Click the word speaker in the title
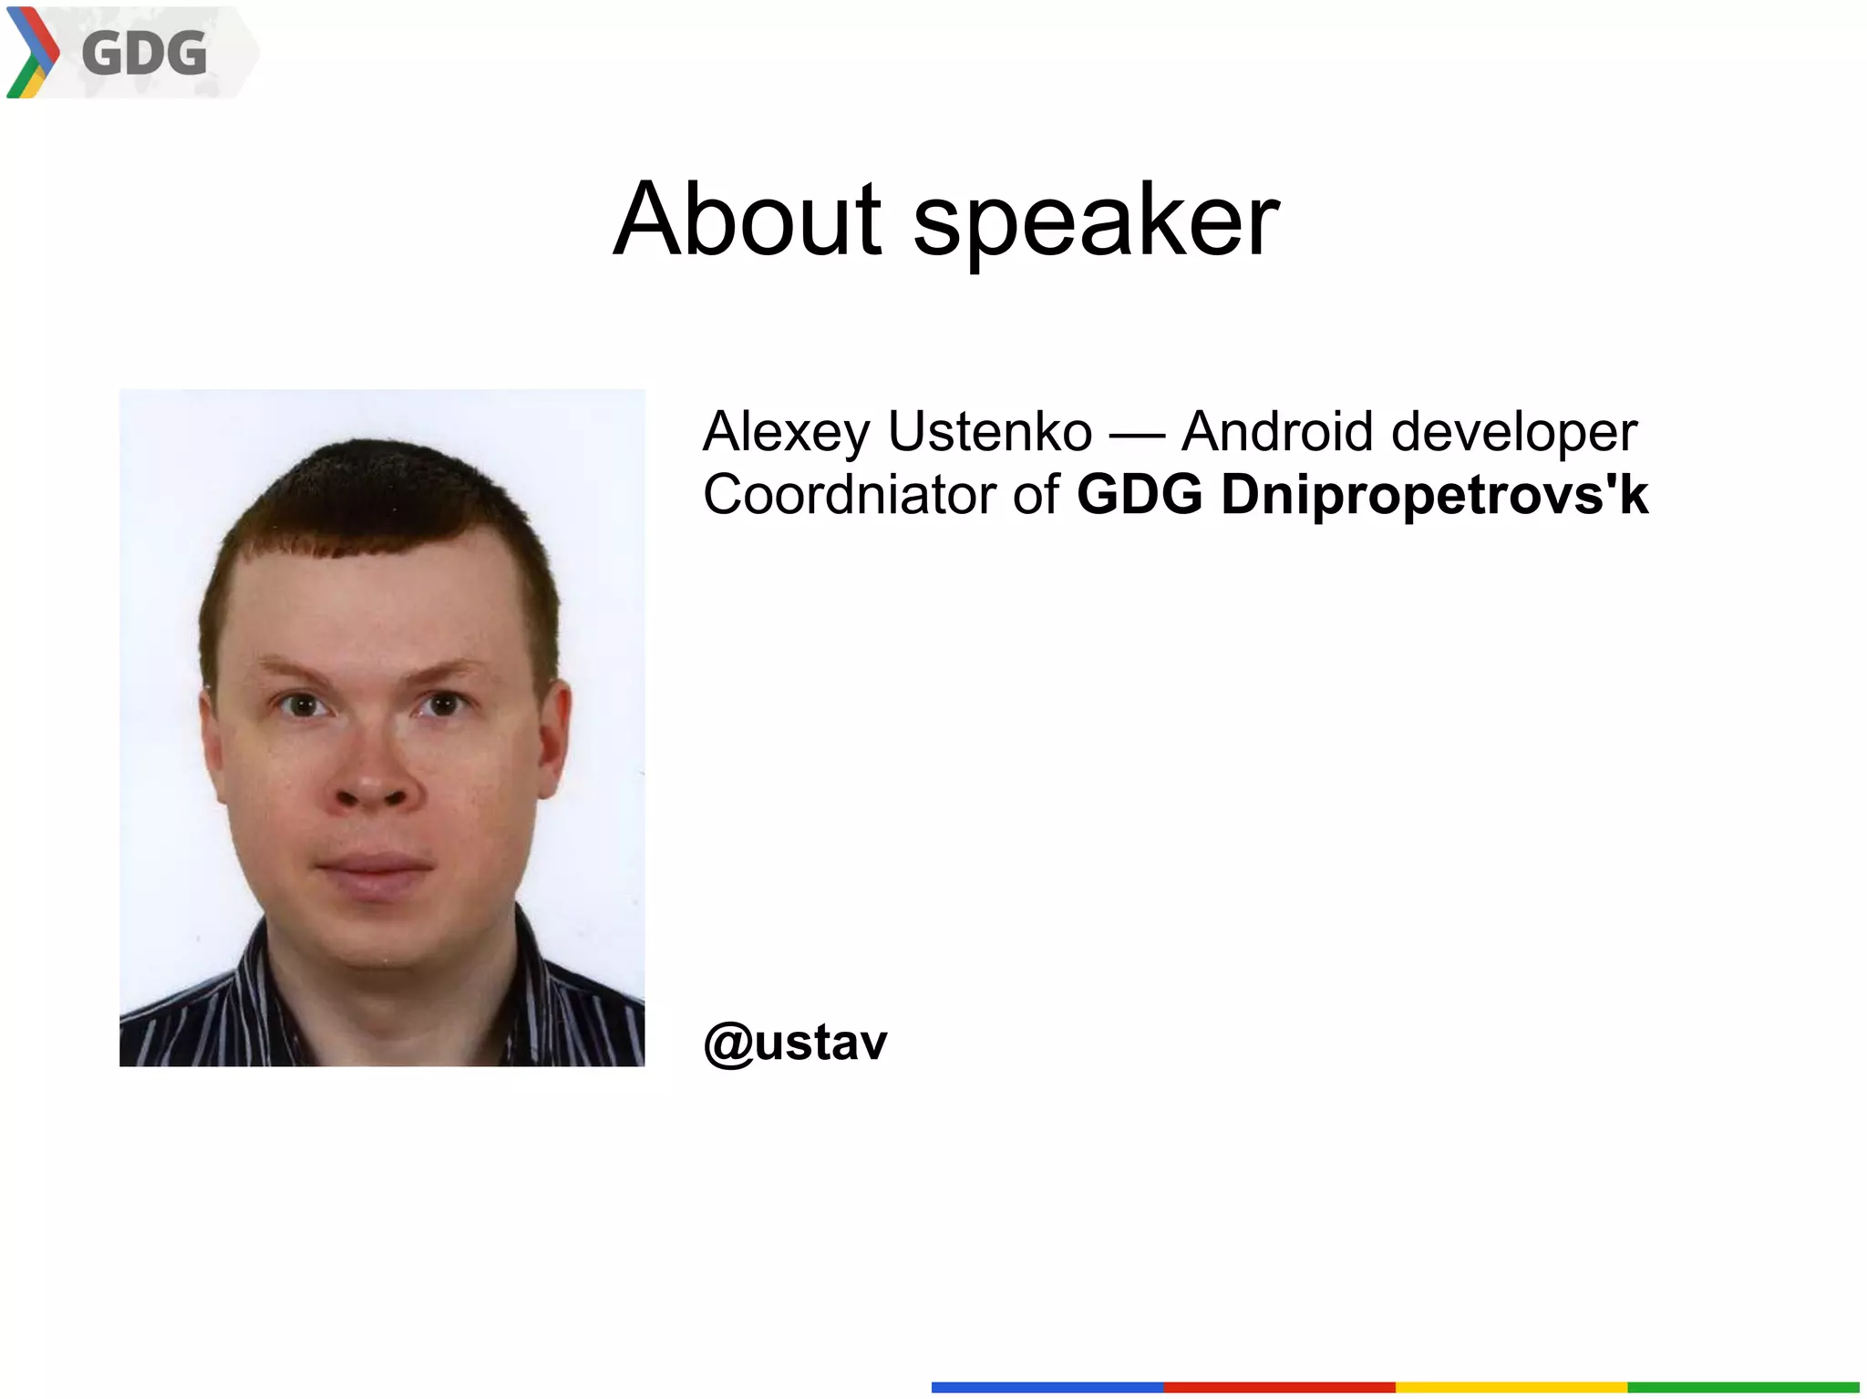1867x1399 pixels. click(1096, 223)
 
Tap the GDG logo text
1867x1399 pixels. click(144, 53)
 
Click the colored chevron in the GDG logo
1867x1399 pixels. click(32, 52)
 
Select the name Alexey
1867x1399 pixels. click(786, 433)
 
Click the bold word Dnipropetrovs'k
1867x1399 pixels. click(1434, 497)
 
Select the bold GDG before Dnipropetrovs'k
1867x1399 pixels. click(1140, 495)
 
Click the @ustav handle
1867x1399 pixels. click(795, 1042)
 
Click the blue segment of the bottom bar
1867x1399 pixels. click(1047, 1387)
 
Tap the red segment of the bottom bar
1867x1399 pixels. click(1278, 1387)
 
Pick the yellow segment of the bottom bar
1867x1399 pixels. click(1511, 1387)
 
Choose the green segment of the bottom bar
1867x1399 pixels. click(1742, 1387)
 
